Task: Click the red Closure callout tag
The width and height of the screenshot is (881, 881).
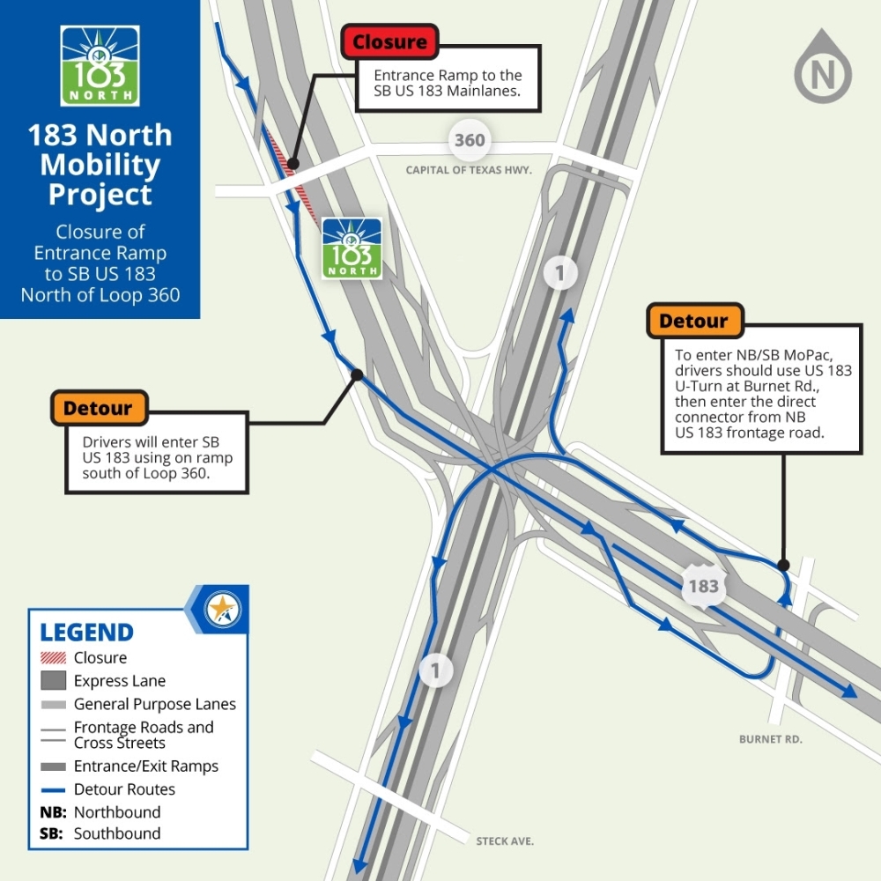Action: [389, 41]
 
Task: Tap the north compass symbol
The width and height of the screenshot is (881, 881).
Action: [823, 67]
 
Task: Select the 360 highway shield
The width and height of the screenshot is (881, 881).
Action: [470, 140]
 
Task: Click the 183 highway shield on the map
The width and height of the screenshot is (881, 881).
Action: [703, 586]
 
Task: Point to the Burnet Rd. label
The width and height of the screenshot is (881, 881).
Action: [770, 739]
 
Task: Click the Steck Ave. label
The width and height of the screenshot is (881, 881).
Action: [505, 841]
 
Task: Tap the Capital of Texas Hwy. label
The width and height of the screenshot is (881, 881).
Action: [469, 170]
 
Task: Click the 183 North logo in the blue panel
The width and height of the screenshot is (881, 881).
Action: [100, 66]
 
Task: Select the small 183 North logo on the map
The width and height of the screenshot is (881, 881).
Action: [352, 248]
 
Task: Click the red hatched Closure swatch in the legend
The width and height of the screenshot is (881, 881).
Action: [54, 657]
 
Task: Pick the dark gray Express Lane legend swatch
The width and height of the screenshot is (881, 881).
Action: [54, 680]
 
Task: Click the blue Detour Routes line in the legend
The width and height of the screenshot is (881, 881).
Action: [54, 790]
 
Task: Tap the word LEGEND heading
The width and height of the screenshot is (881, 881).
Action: [86, 633]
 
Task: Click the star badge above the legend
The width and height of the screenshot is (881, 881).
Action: [222, 609]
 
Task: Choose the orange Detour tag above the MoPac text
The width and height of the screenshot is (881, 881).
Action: [695, 321]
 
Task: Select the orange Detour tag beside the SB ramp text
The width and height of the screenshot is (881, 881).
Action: [99, 408]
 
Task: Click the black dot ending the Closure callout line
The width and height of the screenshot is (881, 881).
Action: [292, 164]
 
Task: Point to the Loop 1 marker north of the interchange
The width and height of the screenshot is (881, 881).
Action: [560, 273]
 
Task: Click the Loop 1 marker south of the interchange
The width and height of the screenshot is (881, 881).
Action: [435, 670]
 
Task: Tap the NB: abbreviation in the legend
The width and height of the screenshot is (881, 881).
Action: [54, 812]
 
